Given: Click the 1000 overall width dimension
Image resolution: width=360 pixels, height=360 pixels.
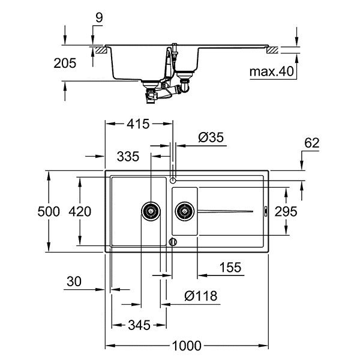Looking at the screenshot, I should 186,346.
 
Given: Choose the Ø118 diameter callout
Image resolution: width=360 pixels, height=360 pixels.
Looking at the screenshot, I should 200,296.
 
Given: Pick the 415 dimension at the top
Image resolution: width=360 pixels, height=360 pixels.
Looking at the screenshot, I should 138,125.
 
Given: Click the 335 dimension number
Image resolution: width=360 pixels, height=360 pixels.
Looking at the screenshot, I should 128,157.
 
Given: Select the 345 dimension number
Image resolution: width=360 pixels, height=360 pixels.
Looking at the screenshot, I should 138,326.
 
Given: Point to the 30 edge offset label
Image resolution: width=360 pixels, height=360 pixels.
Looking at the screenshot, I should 74,281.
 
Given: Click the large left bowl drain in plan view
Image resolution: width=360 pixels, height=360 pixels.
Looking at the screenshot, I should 151,211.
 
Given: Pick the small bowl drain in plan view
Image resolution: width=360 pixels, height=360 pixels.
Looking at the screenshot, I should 184,211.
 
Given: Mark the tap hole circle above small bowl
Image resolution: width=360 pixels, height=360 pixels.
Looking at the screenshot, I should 173,179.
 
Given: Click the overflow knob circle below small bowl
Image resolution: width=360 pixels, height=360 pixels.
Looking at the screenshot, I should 173,242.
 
